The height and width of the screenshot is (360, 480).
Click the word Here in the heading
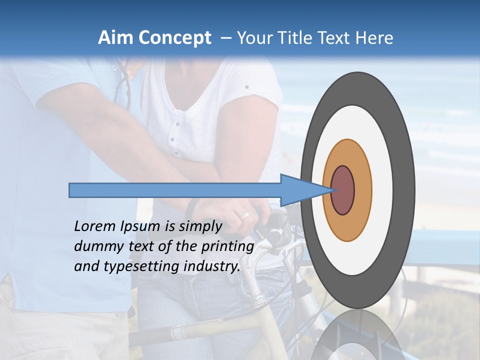374,38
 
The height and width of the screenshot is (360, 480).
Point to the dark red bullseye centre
343,190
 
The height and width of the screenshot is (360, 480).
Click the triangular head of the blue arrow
300,190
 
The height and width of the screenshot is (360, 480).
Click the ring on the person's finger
245,215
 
